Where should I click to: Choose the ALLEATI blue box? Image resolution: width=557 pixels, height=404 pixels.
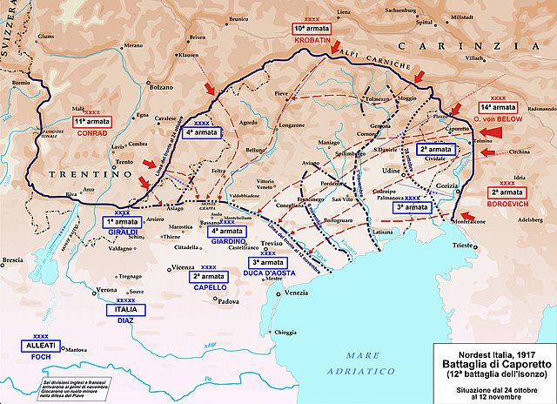click(41, 345)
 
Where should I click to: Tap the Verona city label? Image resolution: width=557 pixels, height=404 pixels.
click(106, 289)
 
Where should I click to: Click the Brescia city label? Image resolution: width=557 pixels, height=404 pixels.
click(12, 259)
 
